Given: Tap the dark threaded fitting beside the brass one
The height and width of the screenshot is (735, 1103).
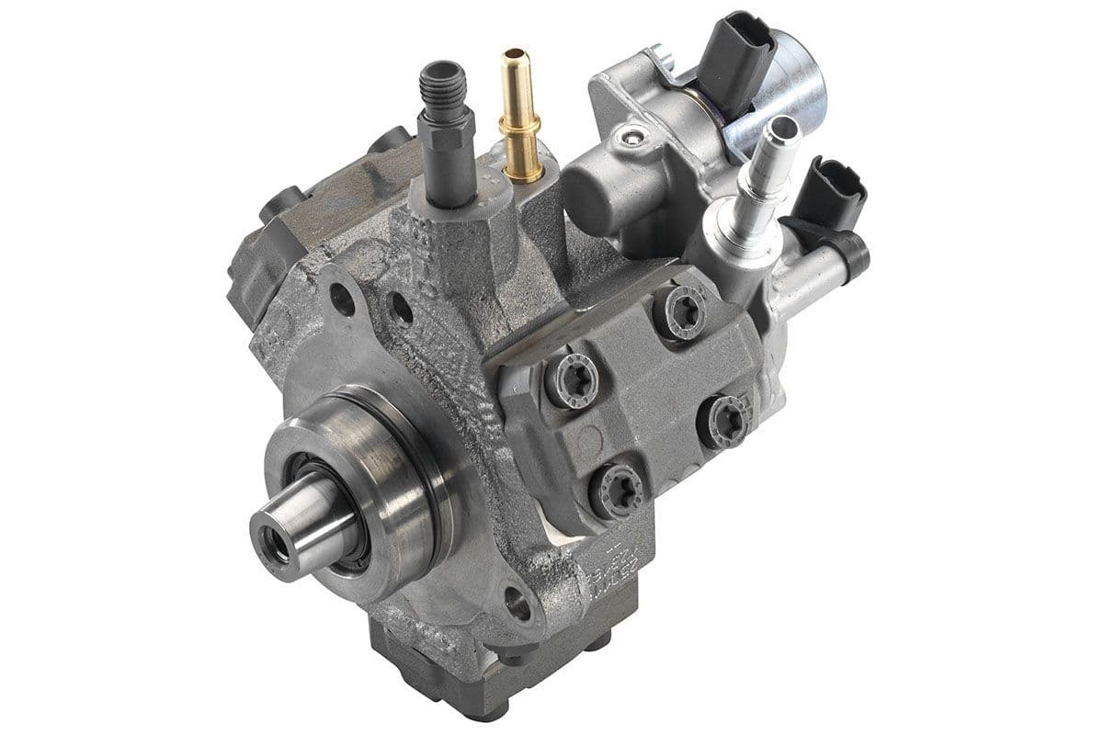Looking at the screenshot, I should point(446,129).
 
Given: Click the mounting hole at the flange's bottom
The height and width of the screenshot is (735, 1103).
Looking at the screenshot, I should point(517,604).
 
